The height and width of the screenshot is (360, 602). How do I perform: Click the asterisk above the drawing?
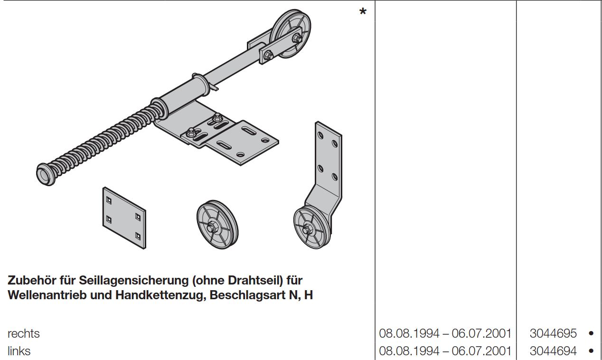[x=363, y=12]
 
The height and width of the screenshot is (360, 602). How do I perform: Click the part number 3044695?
[x=553, y=333]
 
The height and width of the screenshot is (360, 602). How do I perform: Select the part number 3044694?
[x=553, y=351]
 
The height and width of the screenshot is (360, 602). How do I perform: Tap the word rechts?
[x=24, y=333]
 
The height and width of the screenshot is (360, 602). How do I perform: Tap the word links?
[x=19, y=351]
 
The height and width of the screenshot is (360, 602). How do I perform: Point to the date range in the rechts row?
[x=445, y=333]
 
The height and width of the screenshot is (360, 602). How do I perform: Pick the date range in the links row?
[x=445, y=351]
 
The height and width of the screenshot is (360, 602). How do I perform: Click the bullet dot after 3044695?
[x=591, y=333]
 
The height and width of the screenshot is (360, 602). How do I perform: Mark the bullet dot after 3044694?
[x=591, y=351]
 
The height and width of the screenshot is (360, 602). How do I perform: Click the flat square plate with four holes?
[x=124, y=217]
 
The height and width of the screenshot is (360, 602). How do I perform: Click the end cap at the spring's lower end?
[x=45, y=172]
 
